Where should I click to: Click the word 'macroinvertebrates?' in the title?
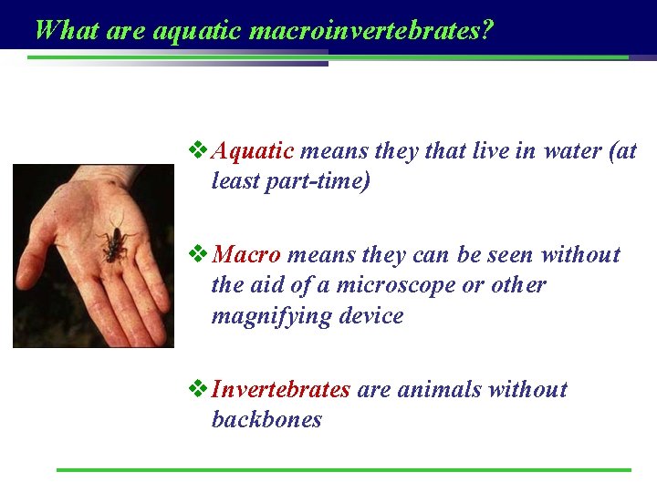(x=371, y=31)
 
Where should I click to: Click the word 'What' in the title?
(x=67, y=31)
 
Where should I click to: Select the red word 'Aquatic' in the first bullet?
(x=253, y=150)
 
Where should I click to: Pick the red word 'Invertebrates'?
(x=281, y=389)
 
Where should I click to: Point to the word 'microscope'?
(x=395, y=285)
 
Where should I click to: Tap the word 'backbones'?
(x=266, y=420)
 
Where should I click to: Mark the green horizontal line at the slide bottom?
(x=343, y=470)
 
